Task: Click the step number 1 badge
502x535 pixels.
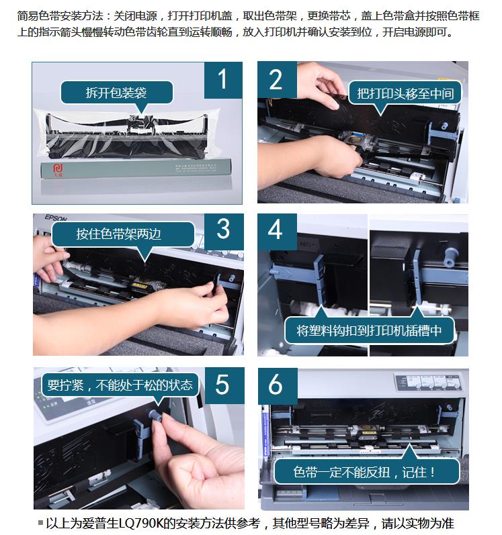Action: coord(223,80)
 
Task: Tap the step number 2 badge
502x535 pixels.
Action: coord(277,80)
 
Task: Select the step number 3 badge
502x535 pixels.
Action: coord(224,232)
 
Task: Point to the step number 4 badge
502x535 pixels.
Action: coord(277,232)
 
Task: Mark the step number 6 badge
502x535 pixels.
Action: coord(278,386)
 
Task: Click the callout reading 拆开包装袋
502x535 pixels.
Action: coord(117,93)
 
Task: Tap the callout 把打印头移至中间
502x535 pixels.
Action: coord(405,93)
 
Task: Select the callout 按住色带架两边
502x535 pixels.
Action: coord(123,234)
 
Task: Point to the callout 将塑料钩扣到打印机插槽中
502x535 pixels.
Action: coord(369,330)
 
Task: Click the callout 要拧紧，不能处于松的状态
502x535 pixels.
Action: coord(120,385)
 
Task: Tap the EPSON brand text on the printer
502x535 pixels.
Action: coord(56,217)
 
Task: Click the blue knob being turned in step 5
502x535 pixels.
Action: coord(155,415)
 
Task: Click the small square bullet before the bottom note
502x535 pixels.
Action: coord(40,522)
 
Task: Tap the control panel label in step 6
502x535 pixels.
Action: coord(429,381)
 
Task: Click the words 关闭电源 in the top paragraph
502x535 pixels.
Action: coord(135,15)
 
